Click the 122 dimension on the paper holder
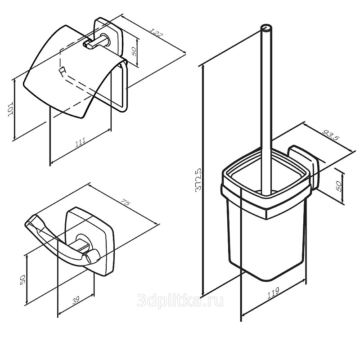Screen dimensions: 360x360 click(x=156, y=33)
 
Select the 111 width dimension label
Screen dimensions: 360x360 click(x=81, y=142)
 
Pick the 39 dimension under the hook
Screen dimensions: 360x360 click(x=76, y=300)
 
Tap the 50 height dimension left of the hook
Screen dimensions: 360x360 click(x=23, y=279)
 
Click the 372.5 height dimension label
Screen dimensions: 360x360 click(x=198, y=179)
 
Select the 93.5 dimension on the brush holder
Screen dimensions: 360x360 click(x=331, y=135)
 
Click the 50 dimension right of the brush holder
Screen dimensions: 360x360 click(x=338, y=186)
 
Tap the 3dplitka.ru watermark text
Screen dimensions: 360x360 click(x=180, y=301)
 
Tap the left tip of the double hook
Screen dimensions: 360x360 click(x=26, y=224)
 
